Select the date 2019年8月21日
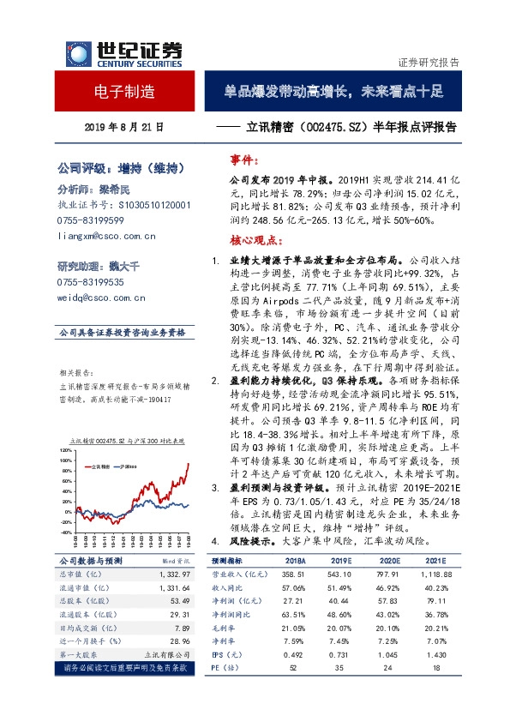[124, 126]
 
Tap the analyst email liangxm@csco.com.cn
[105, 234]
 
